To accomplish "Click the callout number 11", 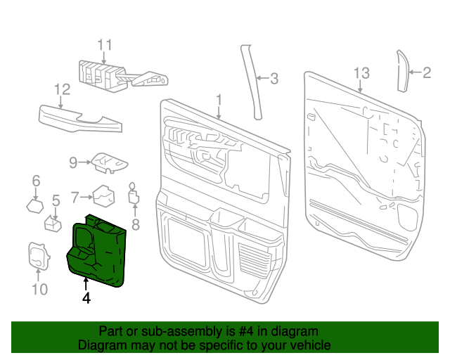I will pyautogui.click(x=104, y=46).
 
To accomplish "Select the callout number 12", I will pyautogui.click(x=63, y=89).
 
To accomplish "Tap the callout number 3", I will pyautogui.click(x=274, y=79).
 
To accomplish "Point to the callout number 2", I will pyautogui.click(x=427, y=72).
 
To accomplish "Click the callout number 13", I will pyautogui.click(x=361, y=73).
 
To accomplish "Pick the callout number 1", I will pyautogui.click(x=219, y=99).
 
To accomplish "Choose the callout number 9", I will pyautogui.click(x=72, y=163).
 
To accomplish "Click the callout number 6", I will pyautogui.click(x=36, y=183).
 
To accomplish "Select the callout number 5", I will pyautogui.click(x=56, y=201).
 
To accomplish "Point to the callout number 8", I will pyautogui.click(x=136, y=225).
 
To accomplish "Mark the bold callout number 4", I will pyautogui.click(x=86, y=298).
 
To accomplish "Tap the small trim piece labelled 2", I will pyautogui.click(x=404, y=70).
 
